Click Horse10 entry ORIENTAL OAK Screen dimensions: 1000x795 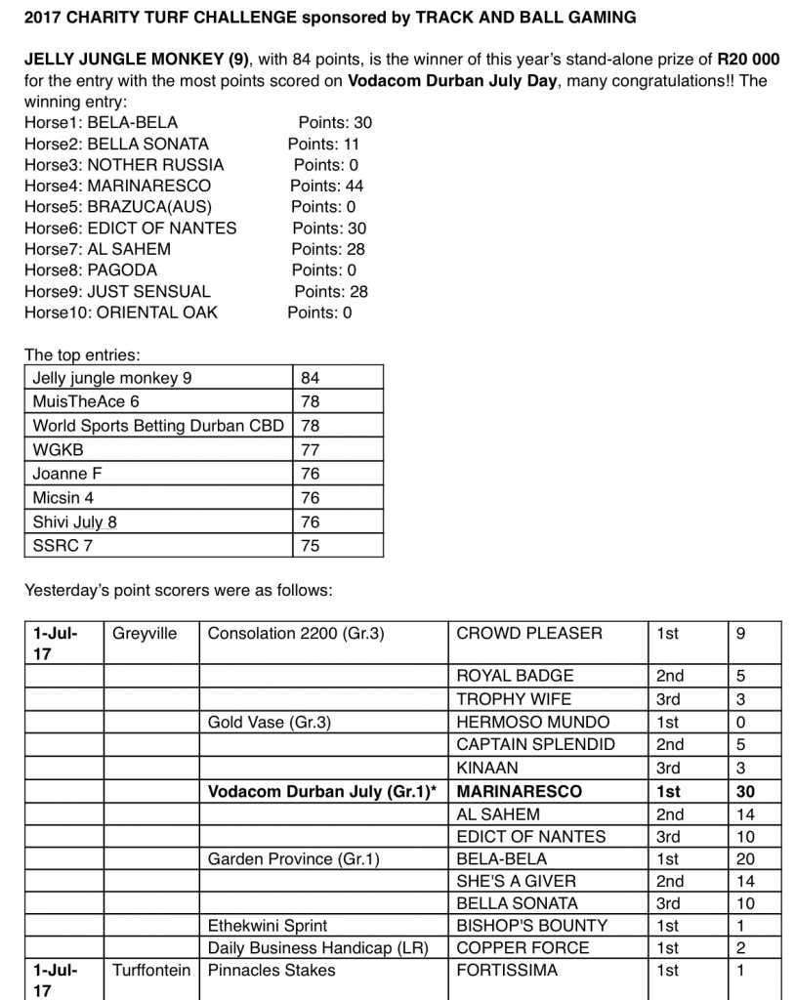click(x=152, y=312)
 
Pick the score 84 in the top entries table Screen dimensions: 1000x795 click(x=311, y=377)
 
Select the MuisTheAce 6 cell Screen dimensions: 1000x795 click(x=86, y=401)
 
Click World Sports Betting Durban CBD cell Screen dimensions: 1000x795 click(x=158, y=426)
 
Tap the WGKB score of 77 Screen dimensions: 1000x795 click(x=311, y=449)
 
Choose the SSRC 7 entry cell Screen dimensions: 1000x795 click(x=63, y=546)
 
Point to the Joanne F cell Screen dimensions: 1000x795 click(x=68, y=474)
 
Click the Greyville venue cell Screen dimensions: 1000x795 click(x=145, y=633)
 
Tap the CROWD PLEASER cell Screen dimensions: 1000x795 click(x=529, y=633)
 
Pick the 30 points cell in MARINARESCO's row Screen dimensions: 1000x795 click(x=745, y=792)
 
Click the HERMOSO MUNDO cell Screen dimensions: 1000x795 click(x=532, y=722)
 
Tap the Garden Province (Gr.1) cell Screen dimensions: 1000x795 click(x=293, y=859)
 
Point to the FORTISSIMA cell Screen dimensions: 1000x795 click(x=507, y=970)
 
